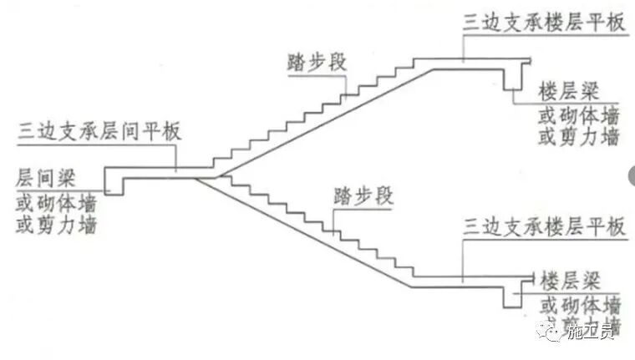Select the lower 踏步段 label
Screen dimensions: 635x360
tap(362, 200)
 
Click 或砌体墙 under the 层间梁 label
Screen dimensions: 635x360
tap(55, 203)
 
